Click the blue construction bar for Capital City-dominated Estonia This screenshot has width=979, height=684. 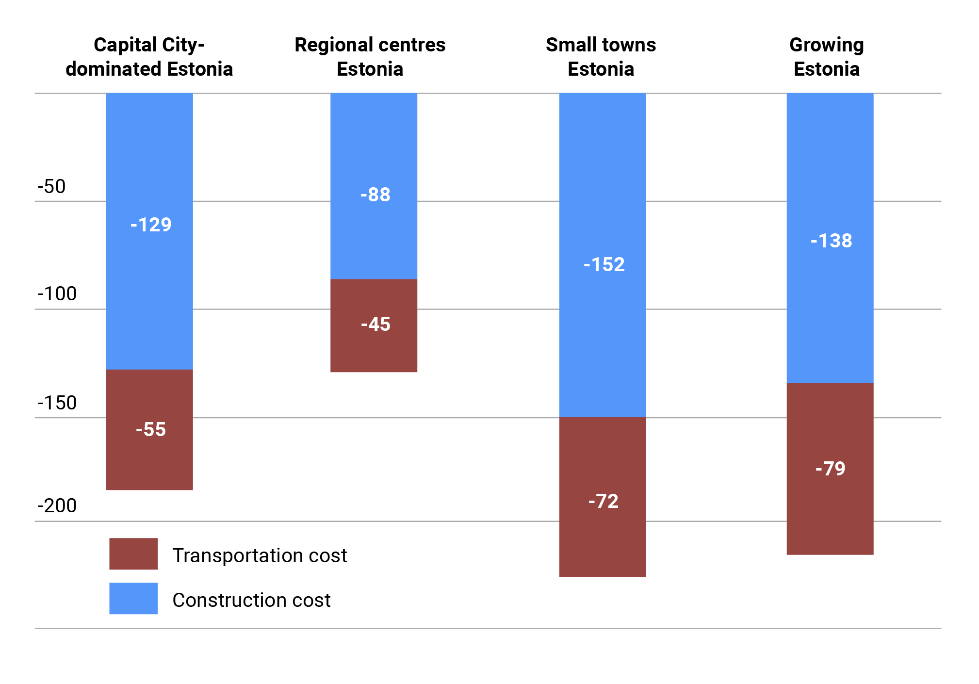[x=149, y=231]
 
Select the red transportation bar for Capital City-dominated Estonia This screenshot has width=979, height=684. [x=149, y=430]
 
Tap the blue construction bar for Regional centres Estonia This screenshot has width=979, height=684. [x=374, y=186]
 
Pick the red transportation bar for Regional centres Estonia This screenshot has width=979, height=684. [x=374, y=326]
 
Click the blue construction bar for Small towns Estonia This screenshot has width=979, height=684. [x=603, y=255]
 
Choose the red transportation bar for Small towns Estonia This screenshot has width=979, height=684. [x=603, y=497]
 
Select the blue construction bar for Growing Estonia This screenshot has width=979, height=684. [x=830, y=238]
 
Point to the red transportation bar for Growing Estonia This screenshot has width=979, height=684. [x=830, y=469]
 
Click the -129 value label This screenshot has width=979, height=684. [x=151, y=225]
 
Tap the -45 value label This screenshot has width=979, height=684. [x=375, y=324]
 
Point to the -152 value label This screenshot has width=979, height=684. [x=604, y=264]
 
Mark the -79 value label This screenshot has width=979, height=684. [x=830, y=469]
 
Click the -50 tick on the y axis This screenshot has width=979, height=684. [x=51, y=186]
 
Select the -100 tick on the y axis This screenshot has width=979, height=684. [x=57, y=294]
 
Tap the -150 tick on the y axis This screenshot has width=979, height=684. [x=57, y=403]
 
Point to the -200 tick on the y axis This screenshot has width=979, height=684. [x=57, y=505]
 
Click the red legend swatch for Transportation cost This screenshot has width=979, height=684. [x=133, y=554]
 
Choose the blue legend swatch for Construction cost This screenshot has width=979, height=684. [x=133, y=598]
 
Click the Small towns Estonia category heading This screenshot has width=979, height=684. [x=601, y=57]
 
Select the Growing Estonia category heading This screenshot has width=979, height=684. [x=827, y=57]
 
